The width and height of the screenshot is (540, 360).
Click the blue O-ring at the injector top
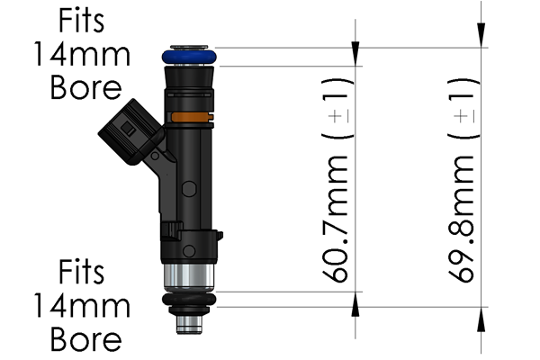[x=189, y=57]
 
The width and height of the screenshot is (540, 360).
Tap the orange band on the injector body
[x=189, y=117]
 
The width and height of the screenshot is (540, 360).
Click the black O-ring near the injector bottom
[x=189, y=299]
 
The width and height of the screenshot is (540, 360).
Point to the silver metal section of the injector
[x=189, y=277]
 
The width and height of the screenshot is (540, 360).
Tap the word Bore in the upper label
[x=83, y=88]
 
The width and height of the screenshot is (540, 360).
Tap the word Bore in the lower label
[x=83, y=339]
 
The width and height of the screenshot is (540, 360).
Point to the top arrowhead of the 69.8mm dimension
[x=482, y=35]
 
